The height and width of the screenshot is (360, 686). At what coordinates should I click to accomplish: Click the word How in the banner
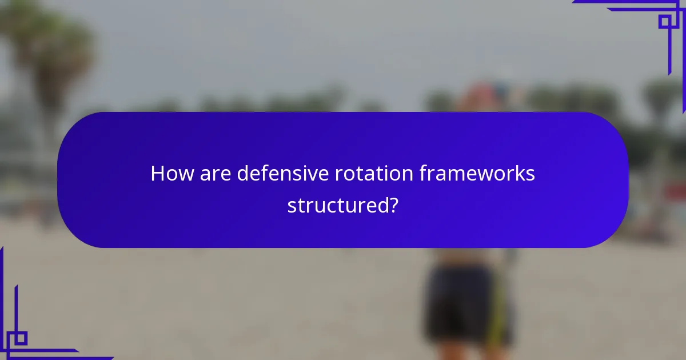[172, 174]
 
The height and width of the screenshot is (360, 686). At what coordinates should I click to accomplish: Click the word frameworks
[477, 174]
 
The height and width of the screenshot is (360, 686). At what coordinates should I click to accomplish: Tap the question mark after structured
[393, 205]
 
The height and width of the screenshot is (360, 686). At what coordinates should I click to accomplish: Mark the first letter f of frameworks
[424, 174]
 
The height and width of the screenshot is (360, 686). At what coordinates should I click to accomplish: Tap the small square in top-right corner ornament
[665, 22]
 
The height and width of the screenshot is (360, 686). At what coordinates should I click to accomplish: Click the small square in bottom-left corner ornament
[21, 338]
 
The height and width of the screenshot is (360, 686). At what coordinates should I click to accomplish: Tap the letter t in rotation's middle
[364, 174]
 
